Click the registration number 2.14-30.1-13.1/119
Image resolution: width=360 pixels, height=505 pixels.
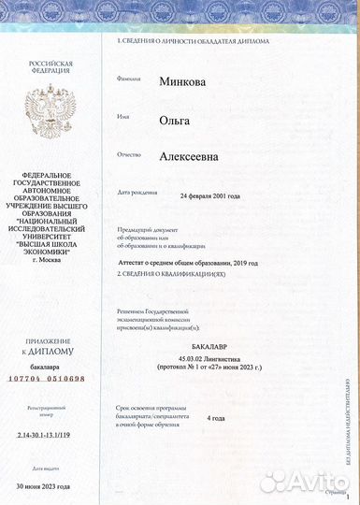[x=49, y=436]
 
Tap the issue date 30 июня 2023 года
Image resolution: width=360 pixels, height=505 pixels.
[x=50, y=485]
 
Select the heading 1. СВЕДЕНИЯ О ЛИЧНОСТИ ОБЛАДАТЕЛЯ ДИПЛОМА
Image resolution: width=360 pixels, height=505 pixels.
[x=193, y=42]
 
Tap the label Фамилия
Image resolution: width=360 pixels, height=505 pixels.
[x=129, y=79]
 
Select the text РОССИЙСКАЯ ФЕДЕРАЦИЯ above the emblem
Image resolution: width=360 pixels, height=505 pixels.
[x=50, y=68]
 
